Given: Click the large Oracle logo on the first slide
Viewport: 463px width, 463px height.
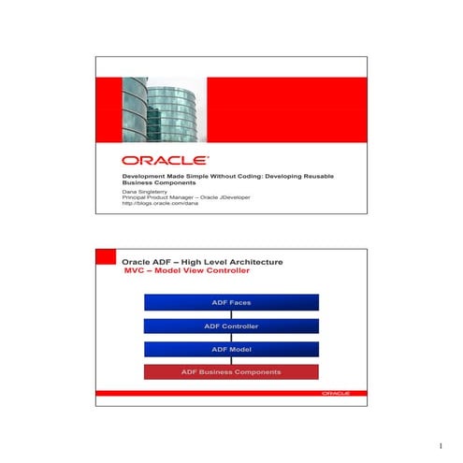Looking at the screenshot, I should (x=165, y=160).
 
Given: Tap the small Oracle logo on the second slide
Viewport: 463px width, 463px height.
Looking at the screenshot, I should (x=336, y=394).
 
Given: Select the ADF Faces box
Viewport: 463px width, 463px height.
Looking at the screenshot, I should (x=231, y=303).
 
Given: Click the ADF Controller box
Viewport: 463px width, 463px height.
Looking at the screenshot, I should (x=231, y=326).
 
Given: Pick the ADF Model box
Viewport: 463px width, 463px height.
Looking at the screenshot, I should (x=231, y=349).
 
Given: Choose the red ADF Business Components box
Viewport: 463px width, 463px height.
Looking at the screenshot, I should (x=231, y=372).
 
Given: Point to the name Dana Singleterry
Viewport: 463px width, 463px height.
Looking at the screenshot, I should (x=147, y=191).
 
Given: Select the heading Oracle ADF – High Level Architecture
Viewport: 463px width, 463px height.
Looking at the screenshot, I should (x=202, y=261).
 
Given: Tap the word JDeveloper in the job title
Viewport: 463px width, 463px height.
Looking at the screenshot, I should (x=245, y=197).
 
